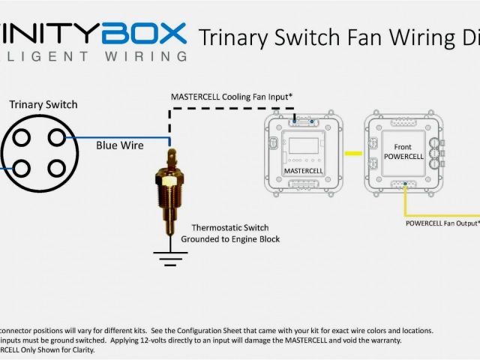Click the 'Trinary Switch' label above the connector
pos(43,104)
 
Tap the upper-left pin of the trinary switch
pos(20,137)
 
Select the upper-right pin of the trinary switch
pos(55,137)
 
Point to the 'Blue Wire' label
pos(120,145)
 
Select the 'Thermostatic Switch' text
pos(230,227)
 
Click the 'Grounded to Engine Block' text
pos(230,239)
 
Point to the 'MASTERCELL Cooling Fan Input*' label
pos(231,97)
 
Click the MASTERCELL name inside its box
pos(303,171)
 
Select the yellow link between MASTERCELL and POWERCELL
pos(349,154)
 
